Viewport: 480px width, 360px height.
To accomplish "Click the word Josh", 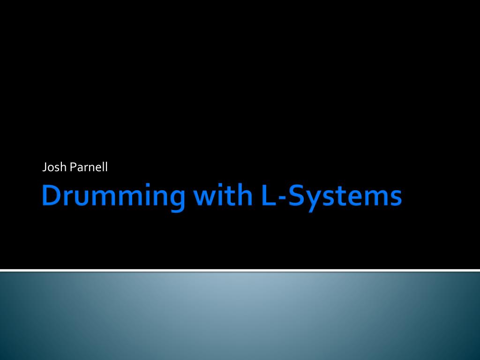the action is click(x=54, y=167).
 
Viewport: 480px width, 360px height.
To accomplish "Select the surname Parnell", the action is click(x=89, y=167).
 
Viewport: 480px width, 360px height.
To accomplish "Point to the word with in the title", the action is click(x=223, y=195).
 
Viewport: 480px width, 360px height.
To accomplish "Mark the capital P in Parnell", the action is click(x=73, y=167).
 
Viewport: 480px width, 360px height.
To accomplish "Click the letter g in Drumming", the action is click(x=177, y=201).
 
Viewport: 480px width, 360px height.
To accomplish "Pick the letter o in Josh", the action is click(x=52, y=168).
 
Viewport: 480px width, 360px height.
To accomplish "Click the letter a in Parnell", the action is click(x=80, y=168).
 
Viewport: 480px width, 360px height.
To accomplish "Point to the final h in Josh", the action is click(x=64, y=167).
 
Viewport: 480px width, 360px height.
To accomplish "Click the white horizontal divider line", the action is click(x=240, y=270).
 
